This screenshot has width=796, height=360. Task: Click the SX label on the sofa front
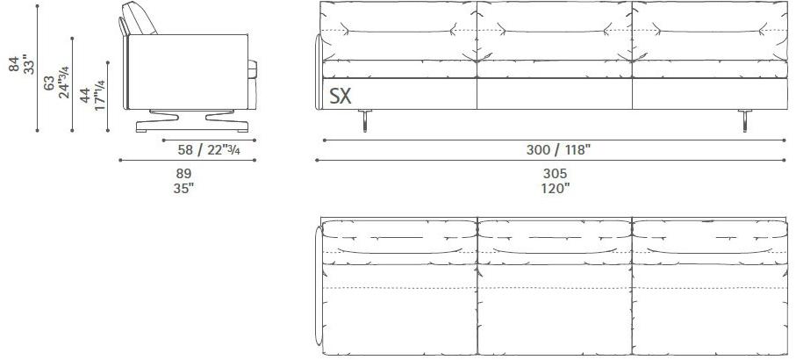point(341,94)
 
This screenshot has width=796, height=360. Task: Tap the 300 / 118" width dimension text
point(558,149)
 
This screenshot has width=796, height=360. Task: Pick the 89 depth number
point(183,173)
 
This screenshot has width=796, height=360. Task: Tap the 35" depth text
point(183,187)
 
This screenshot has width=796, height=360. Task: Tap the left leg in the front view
point(364,122)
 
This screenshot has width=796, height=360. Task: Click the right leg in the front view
point(745,122)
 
